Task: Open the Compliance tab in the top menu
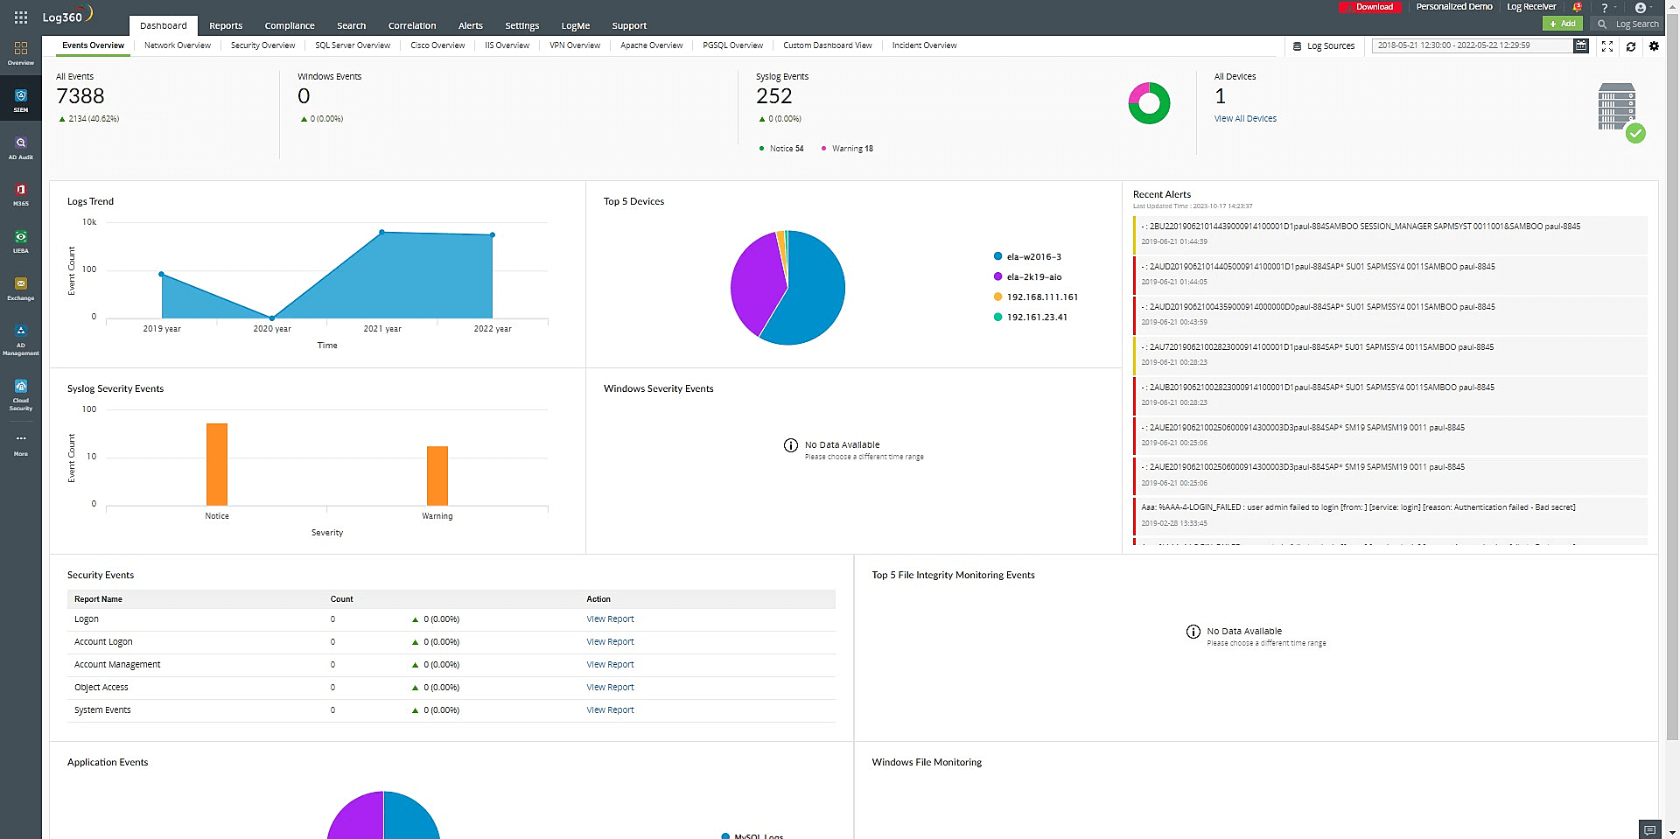pos(289,25)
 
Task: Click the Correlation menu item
pos(411,25)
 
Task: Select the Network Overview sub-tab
pos(177,45)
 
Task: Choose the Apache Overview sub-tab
pos(651,45)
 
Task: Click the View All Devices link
pos(1244,119)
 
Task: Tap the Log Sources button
pos(1324,46)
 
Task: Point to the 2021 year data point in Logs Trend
pos(381,232)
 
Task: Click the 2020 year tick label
pos(272,329)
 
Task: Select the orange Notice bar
pos(217,464)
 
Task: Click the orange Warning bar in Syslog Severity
pos(437,475)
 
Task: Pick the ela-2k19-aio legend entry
pos(1033,277)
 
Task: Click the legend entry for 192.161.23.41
pos(1036,318)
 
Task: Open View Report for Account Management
pos(610,665)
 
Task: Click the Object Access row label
pos(101,688)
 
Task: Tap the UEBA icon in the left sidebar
pos(21,241)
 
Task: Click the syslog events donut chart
pos(1149,103)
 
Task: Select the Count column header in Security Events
pos(341,599)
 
